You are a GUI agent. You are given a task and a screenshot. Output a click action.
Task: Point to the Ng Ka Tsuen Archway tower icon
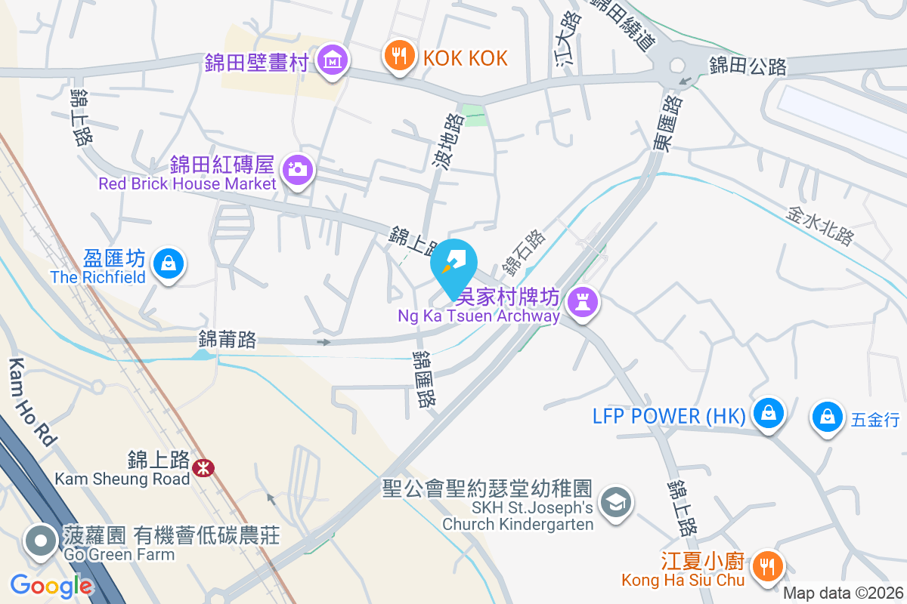click(583, 301)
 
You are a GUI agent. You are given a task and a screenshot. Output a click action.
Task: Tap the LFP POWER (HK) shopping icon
click(769, 414)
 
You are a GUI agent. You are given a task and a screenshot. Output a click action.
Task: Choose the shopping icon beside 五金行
click(828, 417)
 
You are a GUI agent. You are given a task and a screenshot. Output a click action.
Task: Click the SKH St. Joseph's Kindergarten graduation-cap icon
click(616, 501)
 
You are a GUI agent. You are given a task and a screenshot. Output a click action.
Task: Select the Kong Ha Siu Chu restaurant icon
click(769, 564)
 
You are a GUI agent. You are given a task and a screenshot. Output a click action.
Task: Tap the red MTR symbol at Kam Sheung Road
click(203, 468)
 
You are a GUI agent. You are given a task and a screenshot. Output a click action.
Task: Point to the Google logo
click(51, 585)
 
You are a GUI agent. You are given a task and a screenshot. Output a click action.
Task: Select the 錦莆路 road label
click(228, 340)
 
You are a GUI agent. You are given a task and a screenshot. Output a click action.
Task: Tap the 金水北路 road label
click(820, 226)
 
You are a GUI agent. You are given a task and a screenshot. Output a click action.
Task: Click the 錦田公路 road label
click(748, 66)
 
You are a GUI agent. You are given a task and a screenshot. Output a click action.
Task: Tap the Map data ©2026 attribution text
click(843, 593)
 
